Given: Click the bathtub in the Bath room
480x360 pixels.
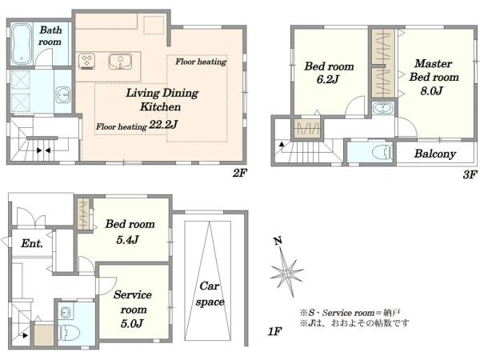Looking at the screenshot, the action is [x=22, y=44].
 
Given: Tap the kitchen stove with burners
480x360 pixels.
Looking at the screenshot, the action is [x=87, y=62].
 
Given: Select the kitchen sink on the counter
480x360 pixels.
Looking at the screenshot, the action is [x=120, y=61].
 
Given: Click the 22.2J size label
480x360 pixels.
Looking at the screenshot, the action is [x=163, y=125].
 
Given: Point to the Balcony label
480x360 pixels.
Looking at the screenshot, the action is [x=435, y=154].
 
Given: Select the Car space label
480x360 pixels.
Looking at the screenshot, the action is [x=210, y=294].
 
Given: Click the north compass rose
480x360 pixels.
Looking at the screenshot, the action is [x=286, y=270].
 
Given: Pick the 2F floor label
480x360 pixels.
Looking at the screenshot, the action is [x=239, y=174].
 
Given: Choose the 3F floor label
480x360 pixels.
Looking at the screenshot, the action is [x=470, y=174].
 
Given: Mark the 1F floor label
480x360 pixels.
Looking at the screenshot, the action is [x=274, y=331].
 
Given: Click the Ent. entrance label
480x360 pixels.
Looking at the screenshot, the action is [x=32, y=244].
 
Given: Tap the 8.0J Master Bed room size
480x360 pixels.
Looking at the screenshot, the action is [x=432, y=90].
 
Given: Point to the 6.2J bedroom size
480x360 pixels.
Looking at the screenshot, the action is [x=328, y=79].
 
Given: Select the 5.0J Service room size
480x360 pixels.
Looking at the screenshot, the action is [x=132, y=323].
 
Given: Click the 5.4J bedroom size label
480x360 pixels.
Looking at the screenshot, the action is [x=128, y=239].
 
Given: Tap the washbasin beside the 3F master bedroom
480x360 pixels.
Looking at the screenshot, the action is [x=382, y=108].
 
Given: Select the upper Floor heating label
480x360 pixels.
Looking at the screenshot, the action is [x=201, y=62].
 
